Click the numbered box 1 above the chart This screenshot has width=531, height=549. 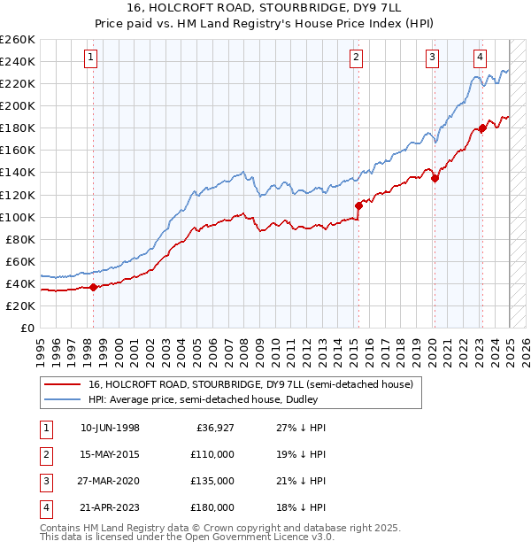[92, 58]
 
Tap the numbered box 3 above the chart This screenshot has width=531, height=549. [433, 58]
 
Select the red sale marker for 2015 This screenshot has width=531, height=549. [358, 205]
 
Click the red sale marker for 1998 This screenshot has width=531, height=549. [93, 287]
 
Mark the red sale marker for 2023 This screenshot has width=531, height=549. [482, 128]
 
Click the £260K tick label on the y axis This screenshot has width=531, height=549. [18, 40]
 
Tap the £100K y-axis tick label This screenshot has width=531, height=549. [18, 217]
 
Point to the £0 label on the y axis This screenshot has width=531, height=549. [27, 328]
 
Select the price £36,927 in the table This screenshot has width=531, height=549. [215, 428]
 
